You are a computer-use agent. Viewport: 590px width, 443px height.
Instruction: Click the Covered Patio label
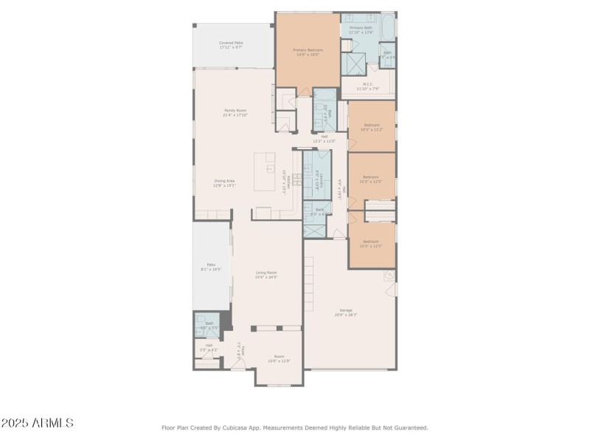coord(231,45)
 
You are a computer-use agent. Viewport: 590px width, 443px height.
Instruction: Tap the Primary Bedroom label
coord(308,52)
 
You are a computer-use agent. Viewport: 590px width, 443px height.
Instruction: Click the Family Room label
coord(235,112)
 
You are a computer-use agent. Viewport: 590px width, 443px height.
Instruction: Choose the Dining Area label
coord(224,183)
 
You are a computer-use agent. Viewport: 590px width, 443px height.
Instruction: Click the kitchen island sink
coord(270,168)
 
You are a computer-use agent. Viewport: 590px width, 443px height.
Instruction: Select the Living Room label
coord(266,275)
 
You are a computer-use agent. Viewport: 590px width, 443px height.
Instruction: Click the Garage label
coord(346,312)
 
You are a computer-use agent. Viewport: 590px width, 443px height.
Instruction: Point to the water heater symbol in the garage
coord(389,277)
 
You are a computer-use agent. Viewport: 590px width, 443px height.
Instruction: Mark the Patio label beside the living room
coord(211,267)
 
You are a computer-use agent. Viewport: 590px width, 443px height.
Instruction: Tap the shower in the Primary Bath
coord(355,65)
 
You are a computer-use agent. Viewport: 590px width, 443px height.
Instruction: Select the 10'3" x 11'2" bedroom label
coord(371,127)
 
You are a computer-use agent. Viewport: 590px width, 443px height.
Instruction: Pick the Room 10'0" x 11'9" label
coord(279,360)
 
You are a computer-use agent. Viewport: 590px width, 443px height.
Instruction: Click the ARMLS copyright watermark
coord(37,423)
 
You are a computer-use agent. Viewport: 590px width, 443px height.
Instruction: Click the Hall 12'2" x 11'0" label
coord(324,139)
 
